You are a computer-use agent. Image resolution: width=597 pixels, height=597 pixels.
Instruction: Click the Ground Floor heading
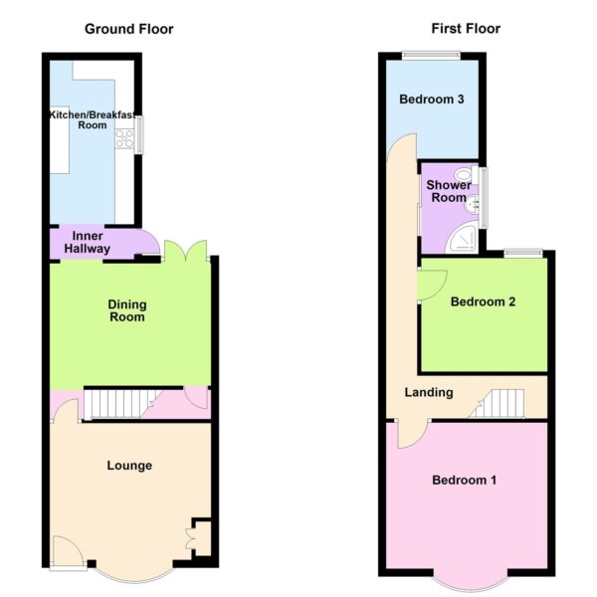[128, 29]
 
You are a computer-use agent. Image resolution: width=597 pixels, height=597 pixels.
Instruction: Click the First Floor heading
[466, 29]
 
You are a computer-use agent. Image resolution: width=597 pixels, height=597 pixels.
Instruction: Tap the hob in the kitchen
[124, 138]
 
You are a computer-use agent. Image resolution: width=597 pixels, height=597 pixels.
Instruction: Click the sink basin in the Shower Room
[472, 205]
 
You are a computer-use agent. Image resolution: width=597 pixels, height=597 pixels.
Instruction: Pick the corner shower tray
[462, 238]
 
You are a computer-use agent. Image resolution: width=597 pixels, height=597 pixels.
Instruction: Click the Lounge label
[129, 466]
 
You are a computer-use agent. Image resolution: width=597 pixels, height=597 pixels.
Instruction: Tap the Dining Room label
[127, 310]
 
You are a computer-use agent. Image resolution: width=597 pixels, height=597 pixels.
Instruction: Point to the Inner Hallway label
[88, 242]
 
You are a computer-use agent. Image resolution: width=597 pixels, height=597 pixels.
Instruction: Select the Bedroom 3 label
[432, 99]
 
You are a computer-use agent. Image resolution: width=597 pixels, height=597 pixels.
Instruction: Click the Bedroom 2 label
[483, 301]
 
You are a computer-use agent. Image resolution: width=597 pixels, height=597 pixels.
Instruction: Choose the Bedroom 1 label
[464, 481]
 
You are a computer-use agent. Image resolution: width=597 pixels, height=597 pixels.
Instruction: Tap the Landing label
[429, 392]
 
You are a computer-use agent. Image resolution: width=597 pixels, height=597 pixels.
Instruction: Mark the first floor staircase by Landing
[497, 404]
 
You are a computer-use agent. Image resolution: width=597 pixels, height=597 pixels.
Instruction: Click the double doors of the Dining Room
[186, 251]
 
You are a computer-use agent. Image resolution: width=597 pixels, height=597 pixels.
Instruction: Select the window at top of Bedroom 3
[431, 56]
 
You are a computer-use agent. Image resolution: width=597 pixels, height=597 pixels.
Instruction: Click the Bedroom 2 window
[523, 253]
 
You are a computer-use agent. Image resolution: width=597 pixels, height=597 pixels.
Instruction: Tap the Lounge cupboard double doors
[191, 538]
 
